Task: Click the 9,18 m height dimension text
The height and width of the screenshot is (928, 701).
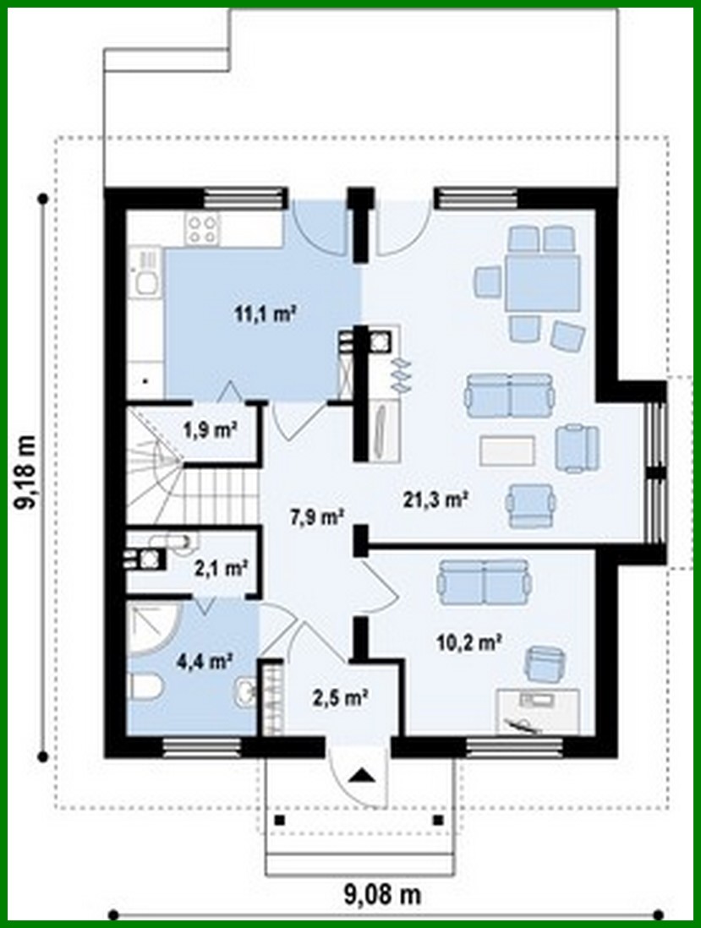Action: [28, 474]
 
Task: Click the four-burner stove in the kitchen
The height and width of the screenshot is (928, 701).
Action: [203, 228]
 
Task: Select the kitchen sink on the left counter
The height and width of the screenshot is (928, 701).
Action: [145, 279]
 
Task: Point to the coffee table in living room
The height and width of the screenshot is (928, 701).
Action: [507, 450]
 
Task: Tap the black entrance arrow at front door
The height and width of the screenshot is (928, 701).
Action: [361, 774]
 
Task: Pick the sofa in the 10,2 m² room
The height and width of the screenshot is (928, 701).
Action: [483, 581]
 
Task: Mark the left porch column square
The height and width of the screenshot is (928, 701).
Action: [279, 820]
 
